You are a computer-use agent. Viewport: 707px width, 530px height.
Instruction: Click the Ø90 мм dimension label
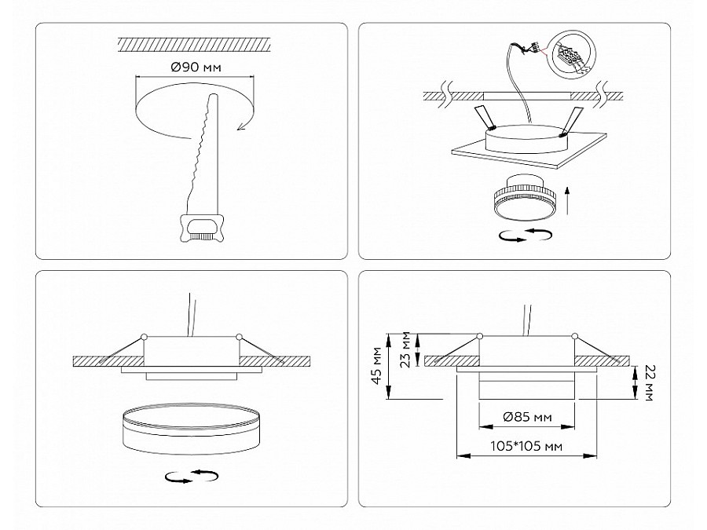(x=196, y=68)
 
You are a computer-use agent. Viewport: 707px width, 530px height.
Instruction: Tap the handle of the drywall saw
(x=201, y=228)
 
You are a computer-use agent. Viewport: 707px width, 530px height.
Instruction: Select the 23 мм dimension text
(x=406, y=349)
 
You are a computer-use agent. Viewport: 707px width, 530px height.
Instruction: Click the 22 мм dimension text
(x=650, y=382)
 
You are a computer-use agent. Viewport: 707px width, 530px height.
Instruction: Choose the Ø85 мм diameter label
(x=527, y=417)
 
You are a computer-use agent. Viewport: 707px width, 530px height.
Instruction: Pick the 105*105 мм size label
(x=526, y=446)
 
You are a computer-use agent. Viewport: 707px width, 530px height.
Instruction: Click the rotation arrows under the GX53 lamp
(x=526, y=235)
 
